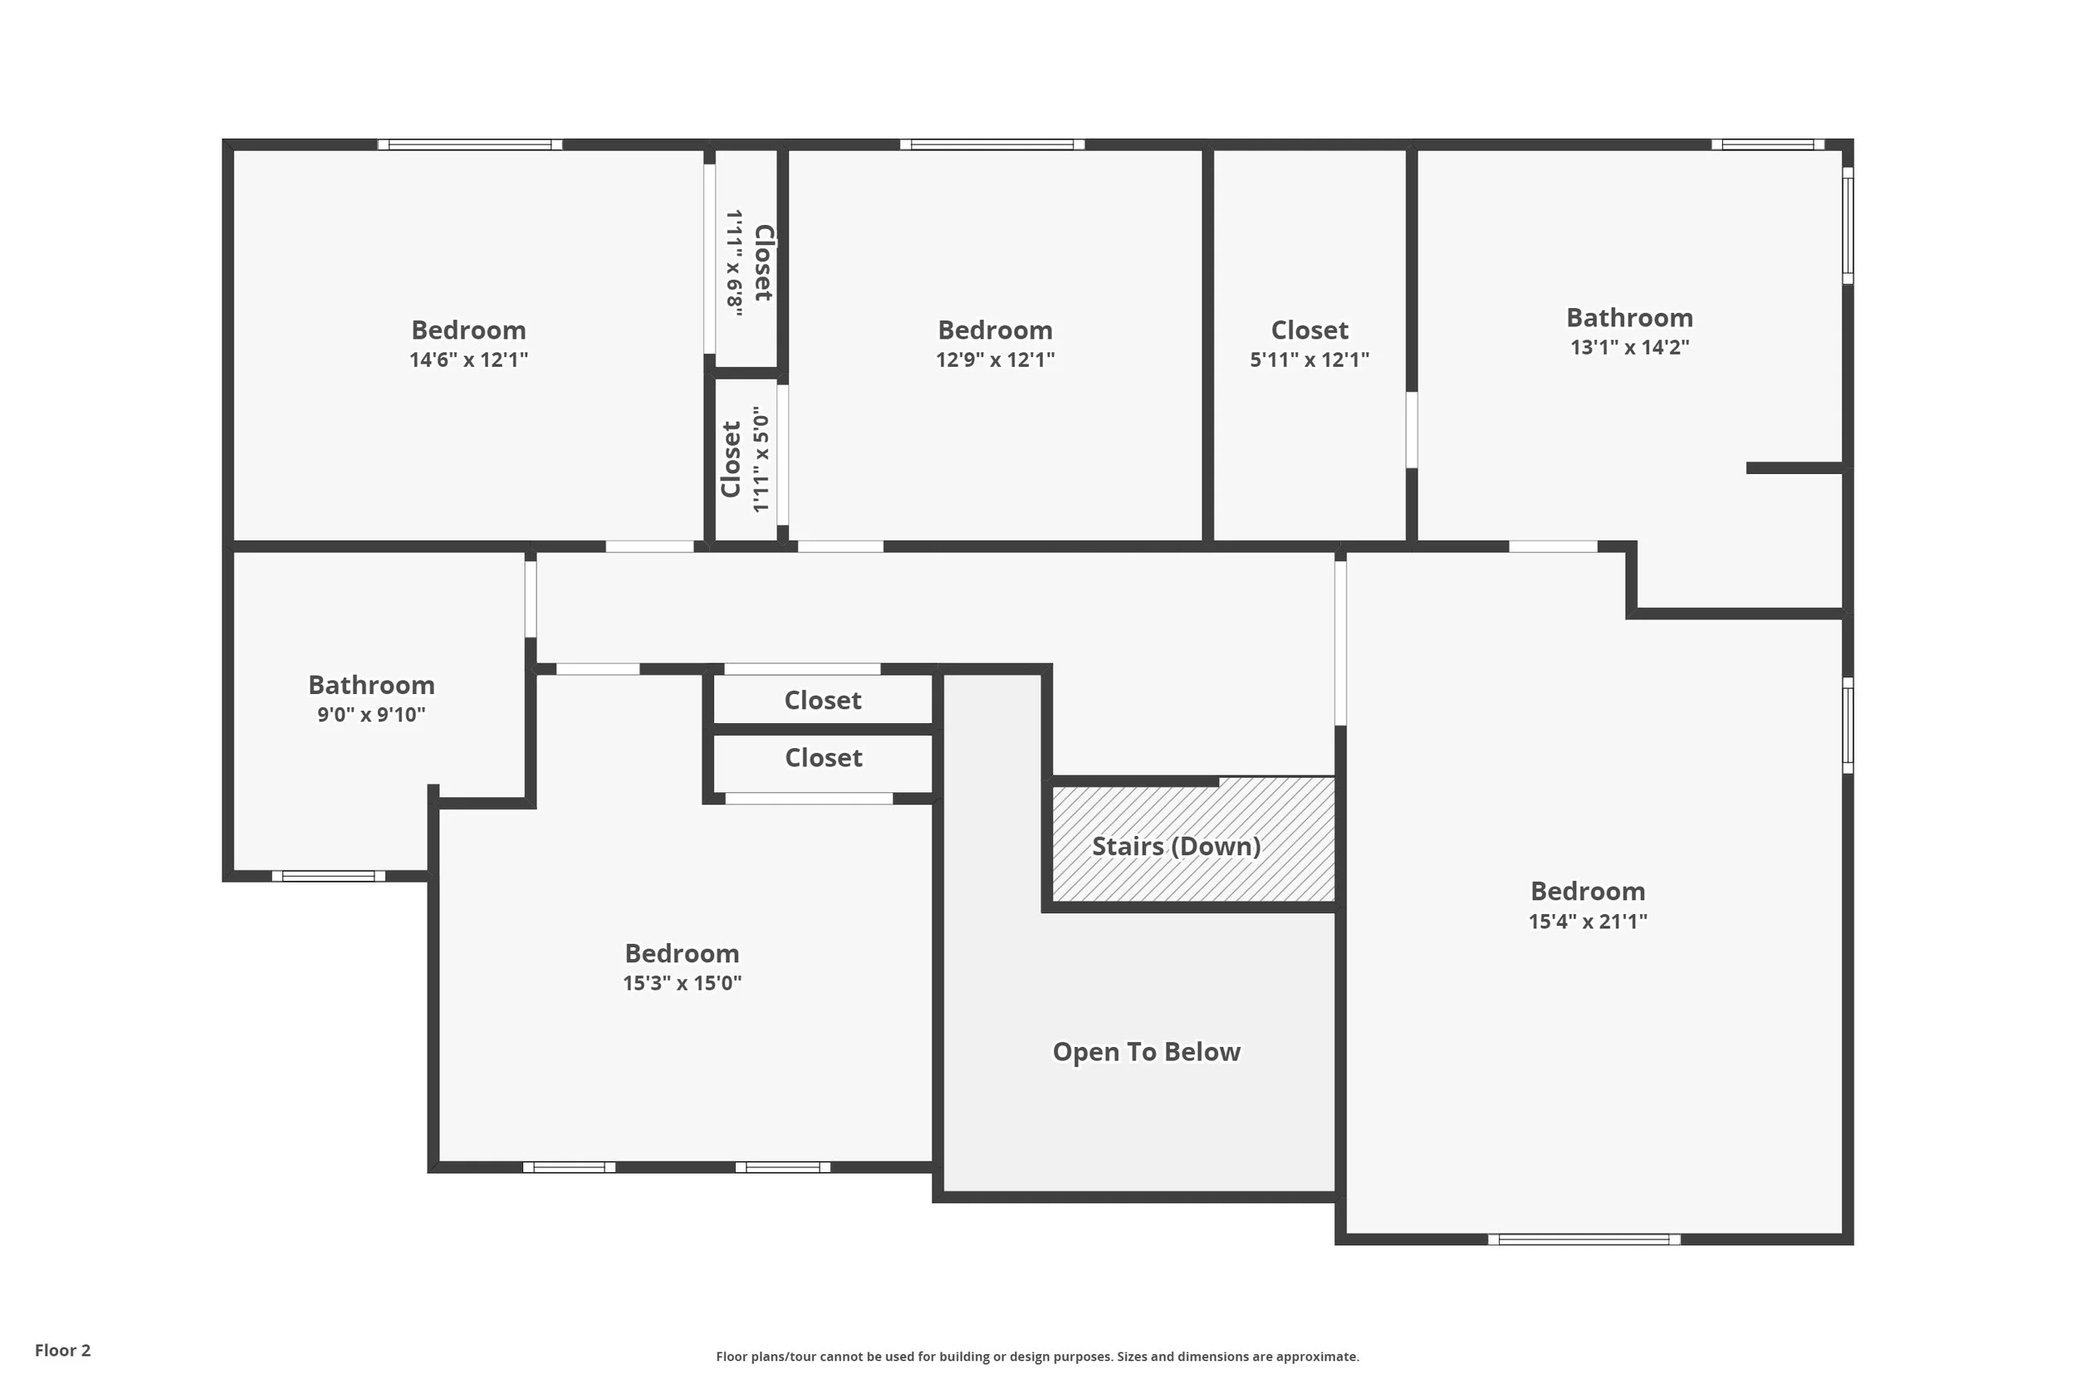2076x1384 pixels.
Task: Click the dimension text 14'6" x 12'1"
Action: (468, 360)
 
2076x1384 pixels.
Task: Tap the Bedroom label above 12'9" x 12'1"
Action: (995, 330)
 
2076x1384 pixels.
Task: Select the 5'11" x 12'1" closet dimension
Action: (1309, 360)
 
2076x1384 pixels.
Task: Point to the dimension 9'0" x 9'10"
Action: (370, 715)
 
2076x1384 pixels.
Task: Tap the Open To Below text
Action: (1146, 1052)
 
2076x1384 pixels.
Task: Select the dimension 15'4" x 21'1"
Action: (1587, 922)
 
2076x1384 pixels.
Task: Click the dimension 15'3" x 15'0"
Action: (682, 983)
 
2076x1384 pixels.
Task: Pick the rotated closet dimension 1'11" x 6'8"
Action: (734, 262)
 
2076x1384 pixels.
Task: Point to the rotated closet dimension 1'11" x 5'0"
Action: (761, 459)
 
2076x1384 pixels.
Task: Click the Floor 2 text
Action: (62, 1351)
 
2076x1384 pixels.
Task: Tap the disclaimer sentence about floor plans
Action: (1037, 1357)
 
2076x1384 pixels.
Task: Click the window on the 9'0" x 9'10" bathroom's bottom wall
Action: (328, 877)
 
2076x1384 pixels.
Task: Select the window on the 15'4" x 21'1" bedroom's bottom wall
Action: (1584, 1240)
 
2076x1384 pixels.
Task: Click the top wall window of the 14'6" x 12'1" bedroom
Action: (469, 144)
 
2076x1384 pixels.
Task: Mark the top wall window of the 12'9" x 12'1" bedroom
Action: (992, 144)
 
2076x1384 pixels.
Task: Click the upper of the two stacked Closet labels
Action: (823, 701)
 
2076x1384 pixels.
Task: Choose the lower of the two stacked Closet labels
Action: (823, 758)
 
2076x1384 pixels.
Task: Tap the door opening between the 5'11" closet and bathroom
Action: (1412, 430)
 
